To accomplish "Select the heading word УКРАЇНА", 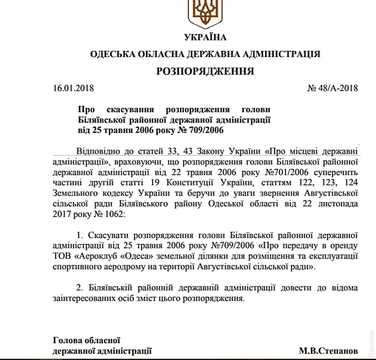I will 205,37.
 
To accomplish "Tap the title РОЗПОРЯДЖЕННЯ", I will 205,71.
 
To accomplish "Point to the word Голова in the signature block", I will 66,340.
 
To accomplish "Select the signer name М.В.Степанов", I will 328,350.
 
